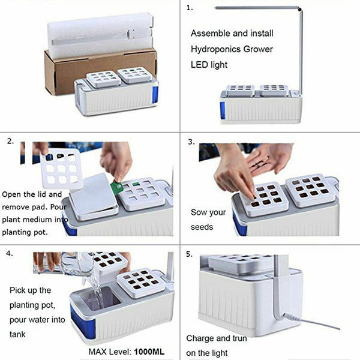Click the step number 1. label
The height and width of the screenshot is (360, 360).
point(190,8)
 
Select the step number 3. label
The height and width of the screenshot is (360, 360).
point(191,142)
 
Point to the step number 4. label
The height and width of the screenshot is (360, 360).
point(10,254)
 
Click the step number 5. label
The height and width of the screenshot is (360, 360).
point(190,254)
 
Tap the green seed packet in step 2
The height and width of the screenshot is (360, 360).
point(118,187)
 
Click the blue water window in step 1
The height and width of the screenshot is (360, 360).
point(223,109)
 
